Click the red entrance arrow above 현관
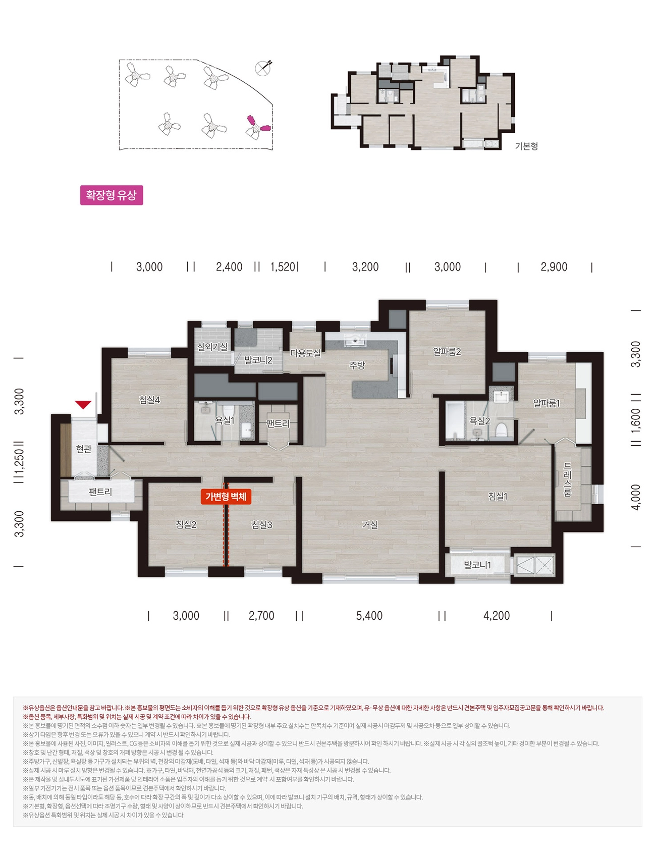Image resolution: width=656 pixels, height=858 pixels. coord(83,405)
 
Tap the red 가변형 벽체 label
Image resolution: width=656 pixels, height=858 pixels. coord(226,497)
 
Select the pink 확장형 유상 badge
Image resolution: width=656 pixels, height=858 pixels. coord(112,195)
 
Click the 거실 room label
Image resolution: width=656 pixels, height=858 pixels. coord(370,525)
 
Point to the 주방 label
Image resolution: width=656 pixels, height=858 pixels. coord(357,365)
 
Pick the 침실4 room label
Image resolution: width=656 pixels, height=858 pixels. coord(150,400)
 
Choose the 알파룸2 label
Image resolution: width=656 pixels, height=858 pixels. coord(447,351)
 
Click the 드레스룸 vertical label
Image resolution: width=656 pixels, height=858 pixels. coord(568,479)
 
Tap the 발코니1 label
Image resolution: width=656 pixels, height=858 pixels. coord(477,565)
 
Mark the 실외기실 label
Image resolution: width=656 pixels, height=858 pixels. coord(212,347)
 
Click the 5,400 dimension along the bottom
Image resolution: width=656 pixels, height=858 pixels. coord(369,616)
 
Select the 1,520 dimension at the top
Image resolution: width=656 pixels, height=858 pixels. coord(283,266)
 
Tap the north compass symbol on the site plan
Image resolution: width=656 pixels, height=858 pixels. coord(263,68)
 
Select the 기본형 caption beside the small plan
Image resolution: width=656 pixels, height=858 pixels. coord(526,146)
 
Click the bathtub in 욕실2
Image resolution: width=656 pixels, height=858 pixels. coord(454,421)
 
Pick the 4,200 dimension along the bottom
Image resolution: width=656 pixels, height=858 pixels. coord(497,616)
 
